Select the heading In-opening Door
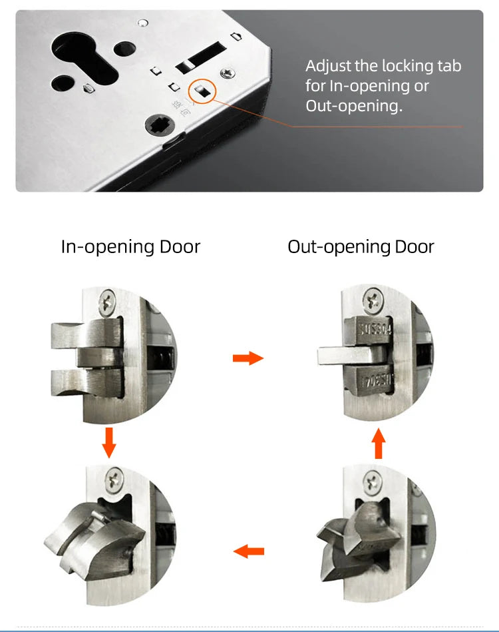pyautogui.click(x=130, y=246)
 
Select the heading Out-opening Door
pyautogui.click(x=361, y=246)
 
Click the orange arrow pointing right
pyautogui.click(x=248, y=359)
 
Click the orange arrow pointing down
pyautogui.click(x=110, y=442)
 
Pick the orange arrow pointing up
pyautogui.click(x=378, y=444)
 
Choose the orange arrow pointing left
pyautogui.click(x=249, y=551)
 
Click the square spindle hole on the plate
pyautogui.click(x=162, y=123)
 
